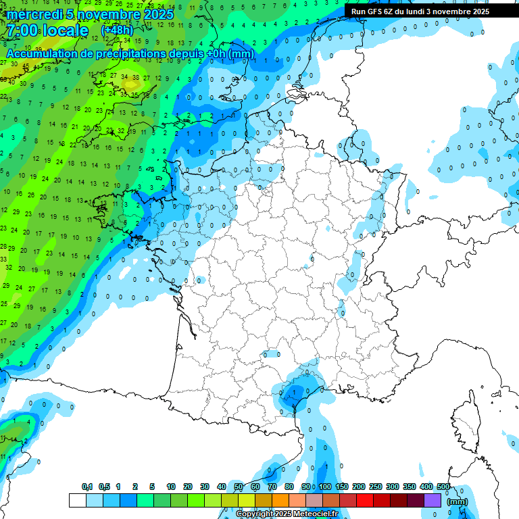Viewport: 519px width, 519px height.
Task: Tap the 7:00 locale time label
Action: click(x=47, y=30)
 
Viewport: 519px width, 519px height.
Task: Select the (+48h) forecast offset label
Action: click(x=117, y=30)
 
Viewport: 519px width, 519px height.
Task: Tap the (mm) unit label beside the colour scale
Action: click(x=458, y=501)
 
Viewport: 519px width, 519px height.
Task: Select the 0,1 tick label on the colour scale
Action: click(x=87, y=487)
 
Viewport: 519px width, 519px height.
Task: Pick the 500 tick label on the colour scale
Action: click(x=443, y=487)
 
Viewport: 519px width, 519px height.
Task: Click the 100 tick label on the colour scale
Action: click(x=325, y=487)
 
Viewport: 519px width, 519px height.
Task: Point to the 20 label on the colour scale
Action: click(x=187, y=487)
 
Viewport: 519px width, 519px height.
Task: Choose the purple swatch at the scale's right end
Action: click(x=432, y=500)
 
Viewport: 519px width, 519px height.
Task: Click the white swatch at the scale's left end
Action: click(x=77, y=500)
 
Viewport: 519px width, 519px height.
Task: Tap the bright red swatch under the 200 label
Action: click(x=365, y=500)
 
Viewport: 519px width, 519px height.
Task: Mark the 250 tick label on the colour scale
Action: click(x=376, y=487)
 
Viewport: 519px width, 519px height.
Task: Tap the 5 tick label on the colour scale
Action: click(x=153, y=487)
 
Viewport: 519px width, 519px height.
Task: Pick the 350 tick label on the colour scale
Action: click(x=410, y=487)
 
